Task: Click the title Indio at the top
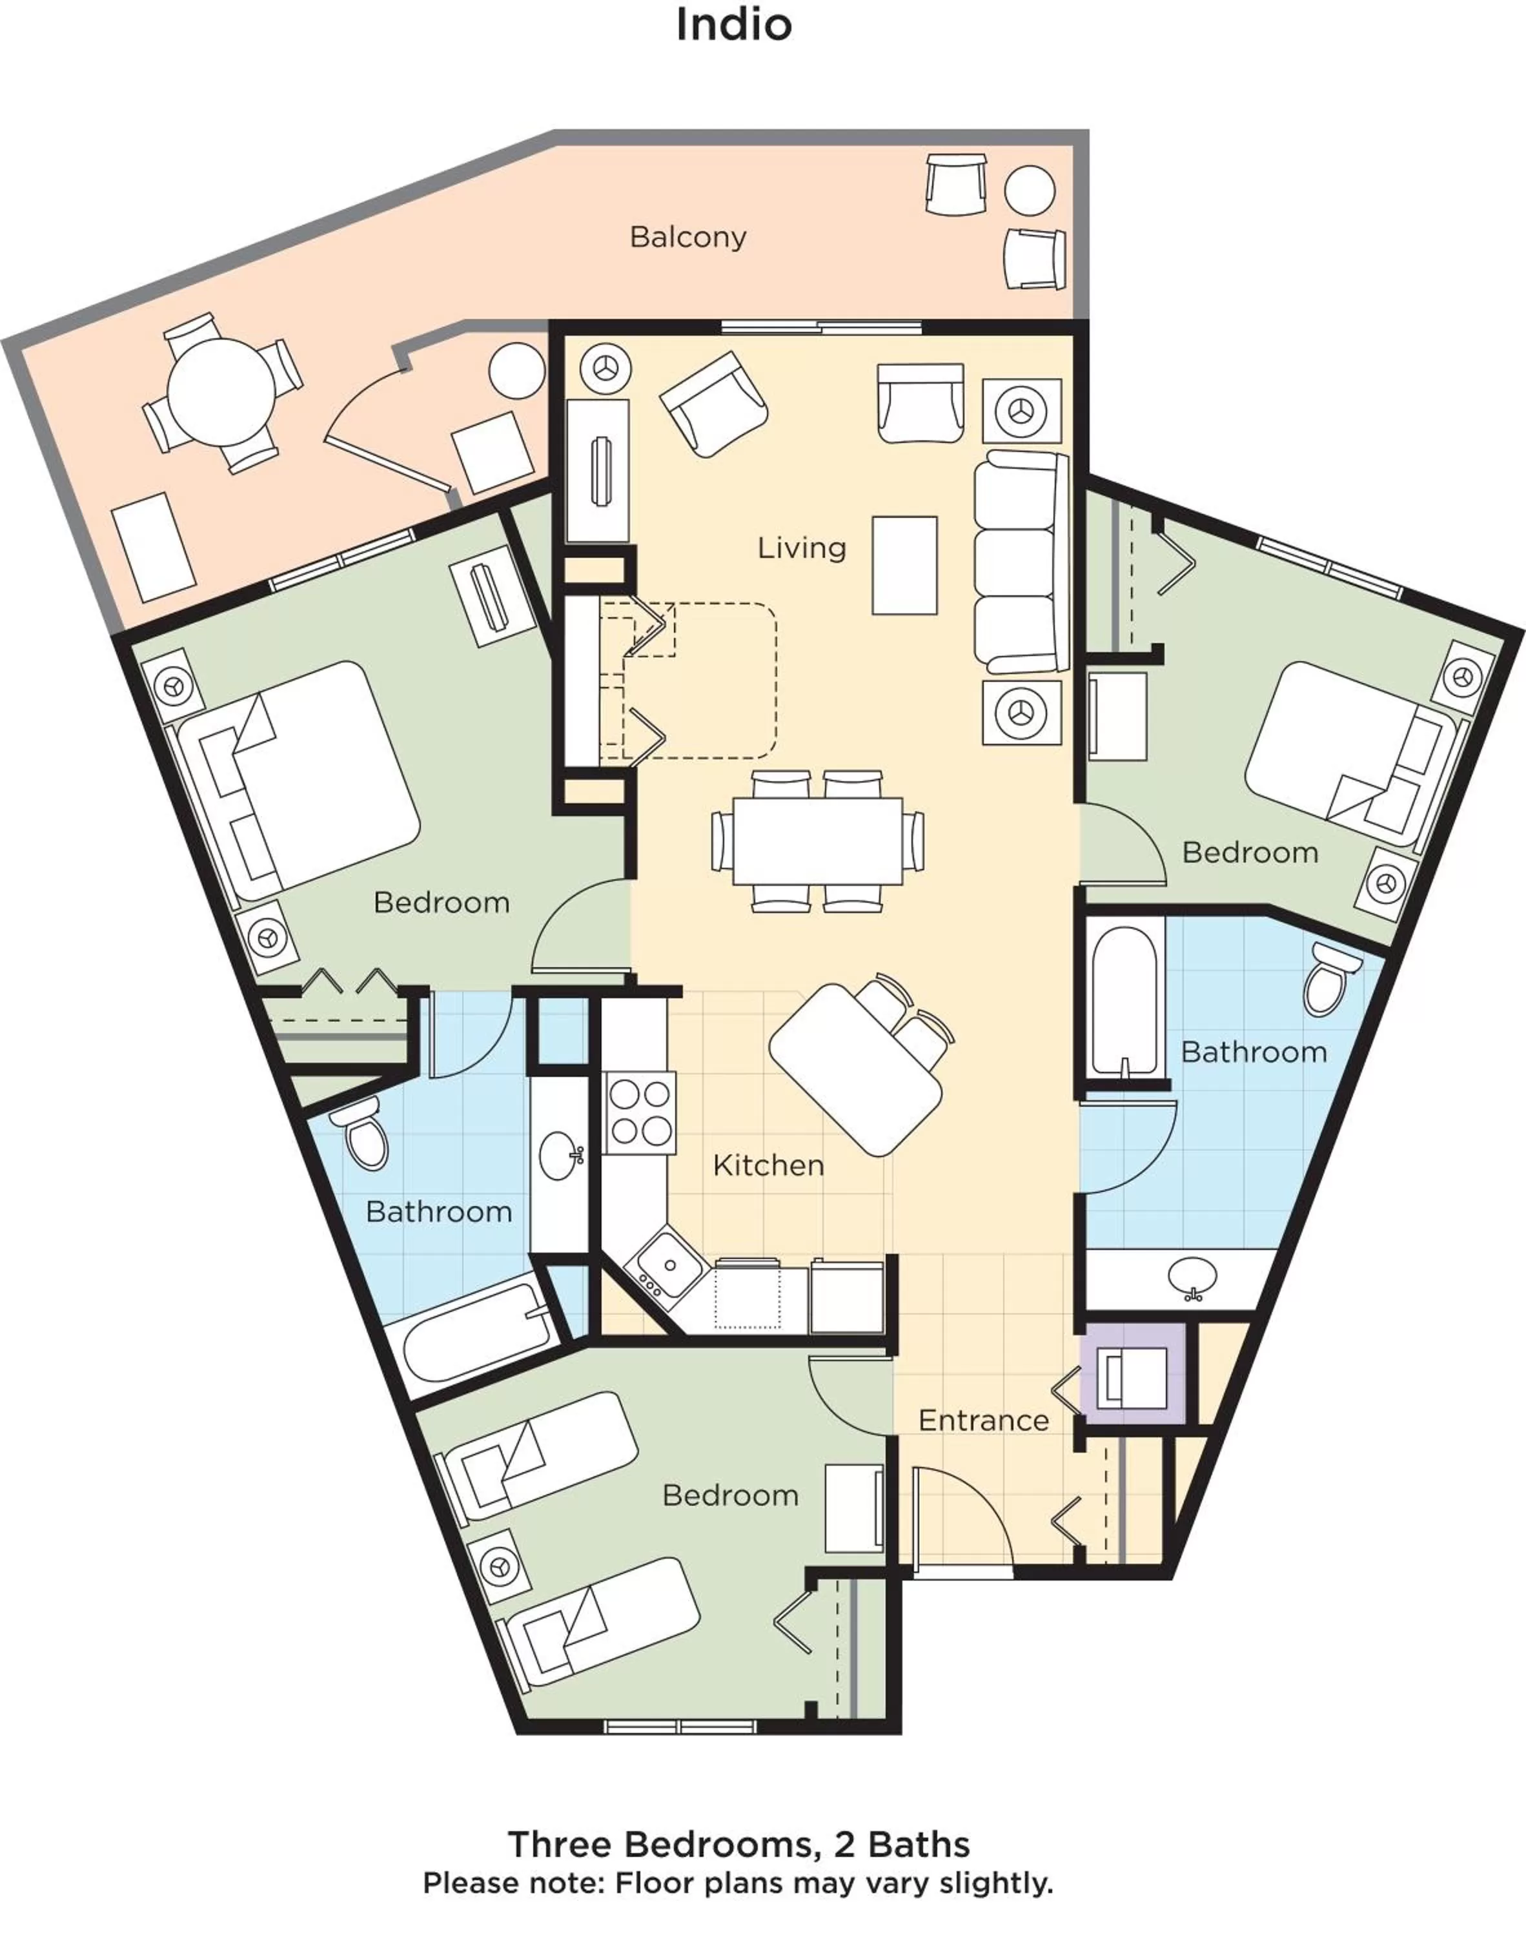[x=733, y=25]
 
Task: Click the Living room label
[x=802, y=548]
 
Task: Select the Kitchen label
[x=768, y=1165]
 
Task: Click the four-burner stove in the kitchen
[x=640, y=1113]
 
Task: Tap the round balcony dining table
[x=221, y=391]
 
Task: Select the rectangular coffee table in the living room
[x=904, y=566]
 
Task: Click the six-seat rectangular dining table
[x=817, y=841]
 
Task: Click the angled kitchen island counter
[x=855, y=1069]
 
